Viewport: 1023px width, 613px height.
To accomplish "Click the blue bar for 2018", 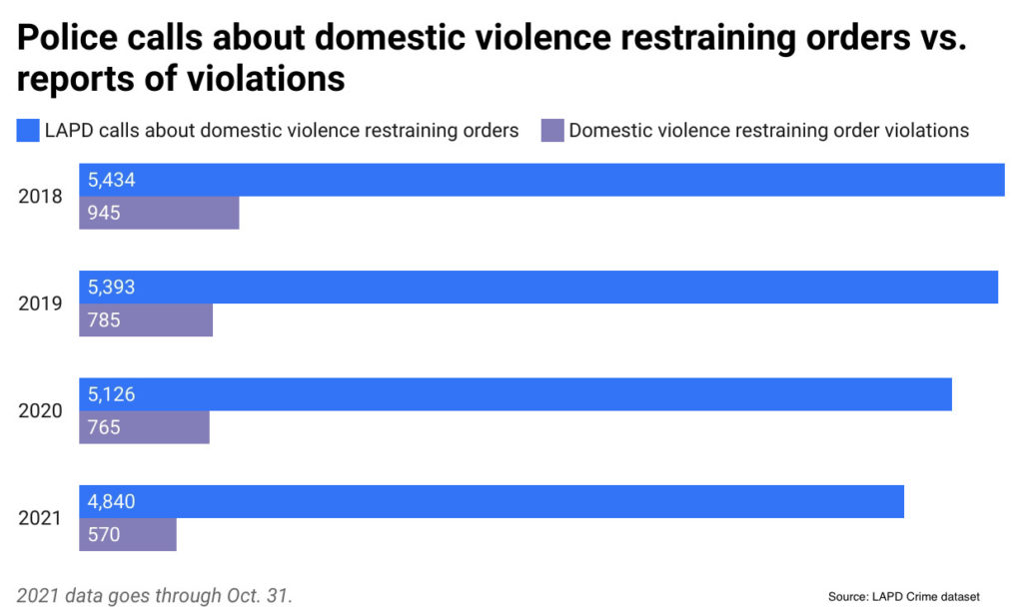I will pyautogui.click(x=541, y=180).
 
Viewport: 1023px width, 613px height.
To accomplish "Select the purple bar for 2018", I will pyautogui.click(x=159, y=213).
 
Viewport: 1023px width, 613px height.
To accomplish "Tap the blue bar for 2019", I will pyautogui.click(x=538, y=288).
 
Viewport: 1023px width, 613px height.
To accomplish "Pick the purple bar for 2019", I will pyautogui.click(x=146, y=320).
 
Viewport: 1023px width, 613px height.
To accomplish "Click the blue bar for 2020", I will pyautogui.click(x=515, y=394).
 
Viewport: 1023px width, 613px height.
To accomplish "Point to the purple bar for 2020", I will pyautogui.click(x=144, y=427).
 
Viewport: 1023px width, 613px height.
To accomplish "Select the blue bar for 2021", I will pyautogui.click(x=492, y=501).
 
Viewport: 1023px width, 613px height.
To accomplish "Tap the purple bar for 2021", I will pyautogui.click(x=128, y=534).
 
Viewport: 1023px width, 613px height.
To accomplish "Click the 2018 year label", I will pyautogui.click(x=40, y=197).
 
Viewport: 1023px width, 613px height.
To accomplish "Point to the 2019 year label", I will pyautogui.click(x=40, y=304).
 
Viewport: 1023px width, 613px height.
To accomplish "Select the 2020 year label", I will pyautogui.click(x=40, y=411).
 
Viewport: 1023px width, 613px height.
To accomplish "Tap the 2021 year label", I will pyautogui.click(x=40, y=518).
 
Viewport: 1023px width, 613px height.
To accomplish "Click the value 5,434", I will pyautogui.click(x=112, y=181).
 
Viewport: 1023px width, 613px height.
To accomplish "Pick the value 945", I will pyautogui.click(x=104, y=213).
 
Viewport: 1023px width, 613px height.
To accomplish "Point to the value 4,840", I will pyautogui.click(x=112, y=502).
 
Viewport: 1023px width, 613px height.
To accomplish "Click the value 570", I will pyautogui.click(x=104, y=535).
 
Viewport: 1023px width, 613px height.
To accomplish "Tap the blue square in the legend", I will pyautogui.click(x=27, y=130).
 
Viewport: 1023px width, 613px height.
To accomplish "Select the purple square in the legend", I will pyautogui.click(x=551, y=130).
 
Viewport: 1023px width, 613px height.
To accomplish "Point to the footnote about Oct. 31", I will pyautogui.click(x=155, y=595).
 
